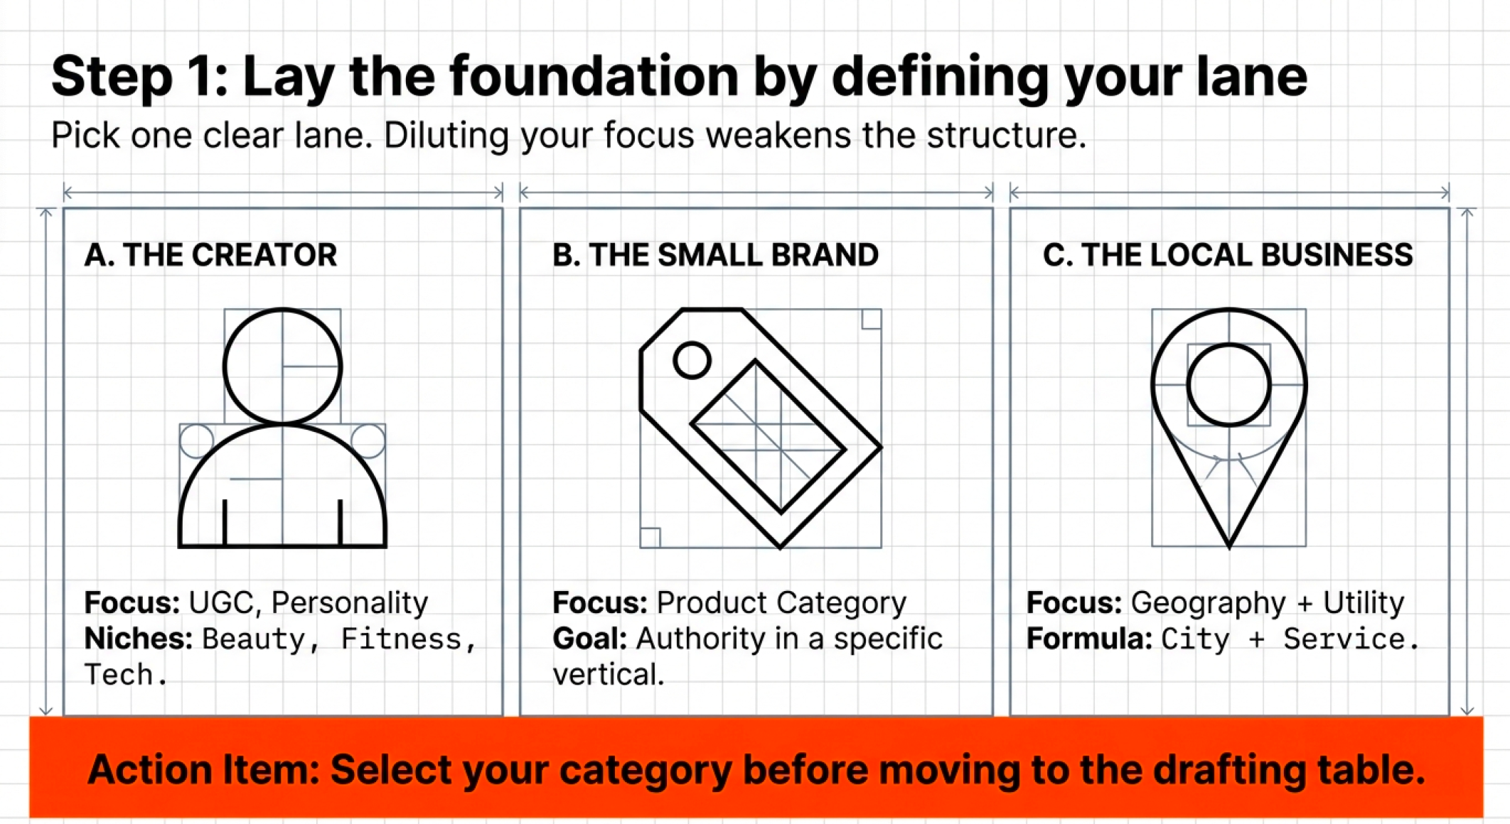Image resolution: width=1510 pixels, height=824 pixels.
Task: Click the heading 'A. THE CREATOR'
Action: coord(210,255)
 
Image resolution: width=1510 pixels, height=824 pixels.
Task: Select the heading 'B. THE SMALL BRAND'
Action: coord(715,255)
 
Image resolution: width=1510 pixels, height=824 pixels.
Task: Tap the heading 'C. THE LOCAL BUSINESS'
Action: coord(1228,255)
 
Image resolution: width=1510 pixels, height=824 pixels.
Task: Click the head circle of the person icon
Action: coord(282,367)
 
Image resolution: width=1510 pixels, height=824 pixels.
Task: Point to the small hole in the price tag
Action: coord(692,360)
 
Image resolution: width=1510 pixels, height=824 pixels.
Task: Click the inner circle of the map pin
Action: coord(1228,384)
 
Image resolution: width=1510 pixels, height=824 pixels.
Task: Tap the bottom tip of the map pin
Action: coord(1229,544)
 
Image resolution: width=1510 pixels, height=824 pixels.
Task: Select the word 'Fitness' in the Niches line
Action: coord(401,639)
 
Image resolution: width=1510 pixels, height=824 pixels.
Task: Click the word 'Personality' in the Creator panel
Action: coord(350,603)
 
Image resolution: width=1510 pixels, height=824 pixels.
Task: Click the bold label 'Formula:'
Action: coord(1089,639)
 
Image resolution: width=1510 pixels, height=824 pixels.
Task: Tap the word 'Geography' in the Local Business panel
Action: coord(1208,603)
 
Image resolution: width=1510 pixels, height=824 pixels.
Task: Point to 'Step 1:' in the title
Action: coord(140,77)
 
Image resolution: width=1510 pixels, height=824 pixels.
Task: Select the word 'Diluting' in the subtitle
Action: coord(446,136)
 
